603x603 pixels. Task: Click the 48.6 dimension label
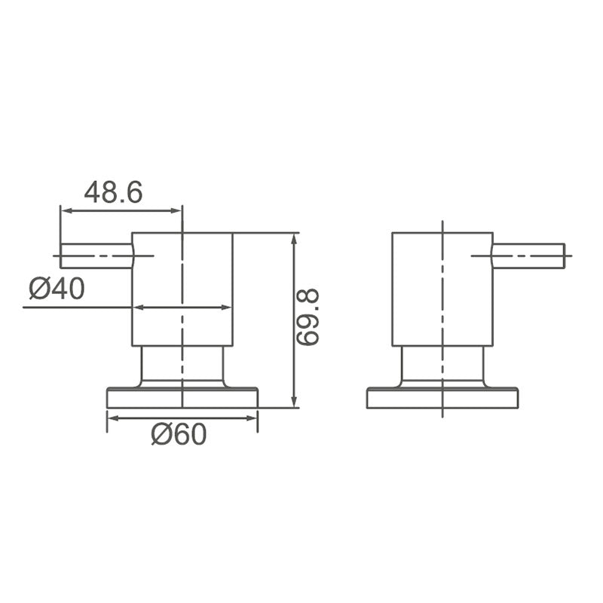point(113,192)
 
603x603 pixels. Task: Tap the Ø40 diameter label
point(57,288)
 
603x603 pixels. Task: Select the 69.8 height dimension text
point(308,317)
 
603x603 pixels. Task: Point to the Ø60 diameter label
point(178,434)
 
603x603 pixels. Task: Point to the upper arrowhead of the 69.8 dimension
point(294,238)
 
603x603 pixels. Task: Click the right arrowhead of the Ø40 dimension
point(227,307)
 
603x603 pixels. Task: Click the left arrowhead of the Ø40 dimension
point(138,307)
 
